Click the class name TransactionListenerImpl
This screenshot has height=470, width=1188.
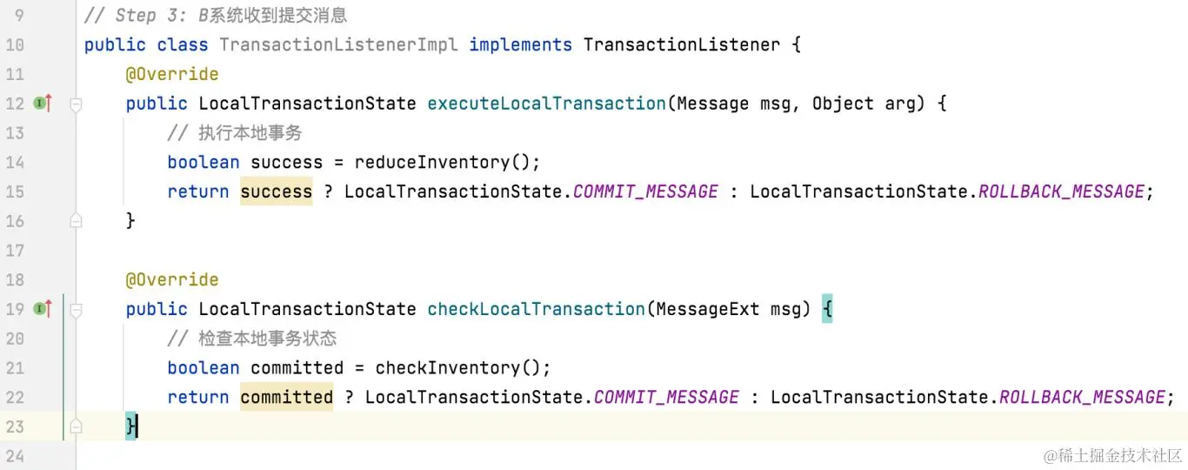click(x=338, y=44)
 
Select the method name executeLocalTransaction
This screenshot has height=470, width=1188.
click(x=546, y=104)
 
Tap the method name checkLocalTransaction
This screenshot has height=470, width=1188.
click(x=536, y=309)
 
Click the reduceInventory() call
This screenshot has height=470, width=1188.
click(x=447, y=162)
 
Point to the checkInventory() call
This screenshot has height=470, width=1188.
click(x=463, y=367)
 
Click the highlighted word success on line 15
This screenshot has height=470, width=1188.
click(x=276, y=191)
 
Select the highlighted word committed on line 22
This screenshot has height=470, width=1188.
click(x=286, y=397)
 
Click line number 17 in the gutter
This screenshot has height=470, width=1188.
click(x=15, y=251)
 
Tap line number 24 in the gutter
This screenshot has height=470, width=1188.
click(x=15, y=456)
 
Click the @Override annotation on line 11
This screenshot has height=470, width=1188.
click(x=171, y=74)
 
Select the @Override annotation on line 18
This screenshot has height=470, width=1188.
click(x=171, y=279)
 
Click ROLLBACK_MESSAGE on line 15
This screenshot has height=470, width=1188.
click(x=1061, y=191)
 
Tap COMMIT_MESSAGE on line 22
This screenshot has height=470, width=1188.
click(x=666, y=397)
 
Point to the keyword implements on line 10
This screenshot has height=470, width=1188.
click(x=520, y=44)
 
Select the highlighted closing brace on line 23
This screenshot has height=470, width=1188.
click(x=130, y=426)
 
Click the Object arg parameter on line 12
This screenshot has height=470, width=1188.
click(x=864, y=104)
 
